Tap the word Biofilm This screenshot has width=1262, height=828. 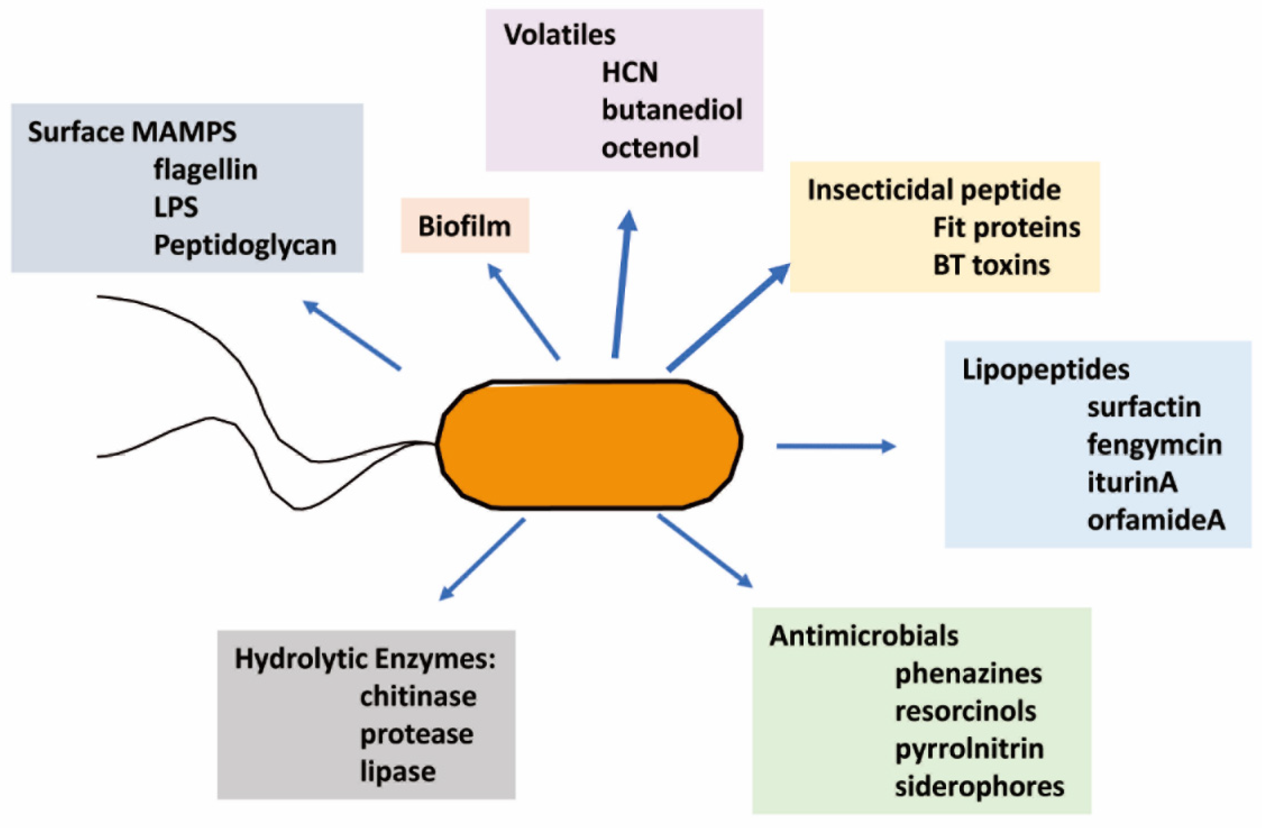coord(465,226)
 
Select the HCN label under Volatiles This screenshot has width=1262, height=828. coord(630,72)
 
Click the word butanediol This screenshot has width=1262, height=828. coord(672,110)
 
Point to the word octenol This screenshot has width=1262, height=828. coord(650,147)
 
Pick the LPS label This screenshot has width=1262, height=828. coord(176,207)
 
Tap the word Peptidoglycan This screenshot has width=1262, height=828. coord(245,245)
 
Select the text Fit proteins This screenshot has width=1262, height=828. coord(1006,228)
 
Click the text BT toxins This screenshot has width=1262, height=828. coord(991,265)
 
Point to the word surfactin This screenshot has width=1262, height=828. coord(1144,407)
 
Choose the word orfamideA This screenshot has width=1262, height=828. coord(1156,520)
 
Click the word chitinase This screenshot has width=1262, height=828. coord(418,696)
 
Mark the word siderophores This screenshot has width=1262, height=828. coord(979,787)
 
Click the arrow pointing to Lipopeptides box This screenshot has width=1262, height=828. coord(835,446)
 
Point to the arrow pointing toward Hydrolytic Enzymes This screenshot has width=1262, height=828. coord(483,559)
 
